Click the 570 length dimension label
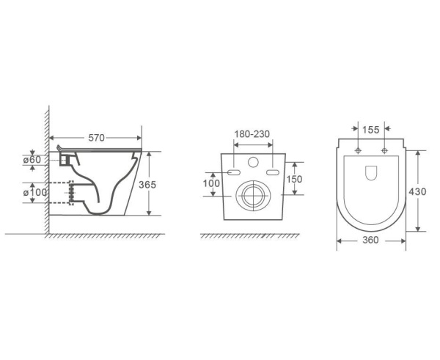point(96,138)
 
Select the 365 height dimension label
point(147,184)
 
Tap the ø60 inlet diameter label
point(32,160)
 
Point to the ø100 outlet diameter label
point(34,193)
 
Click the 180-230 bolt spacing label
point(252,134)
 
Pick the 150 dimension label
point(294,179)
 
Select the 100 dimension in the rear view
point(211,183)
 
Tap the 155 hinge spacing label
point(370,130)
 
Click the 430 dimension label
point(417,191)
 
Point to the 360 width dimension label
point(370,240)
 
